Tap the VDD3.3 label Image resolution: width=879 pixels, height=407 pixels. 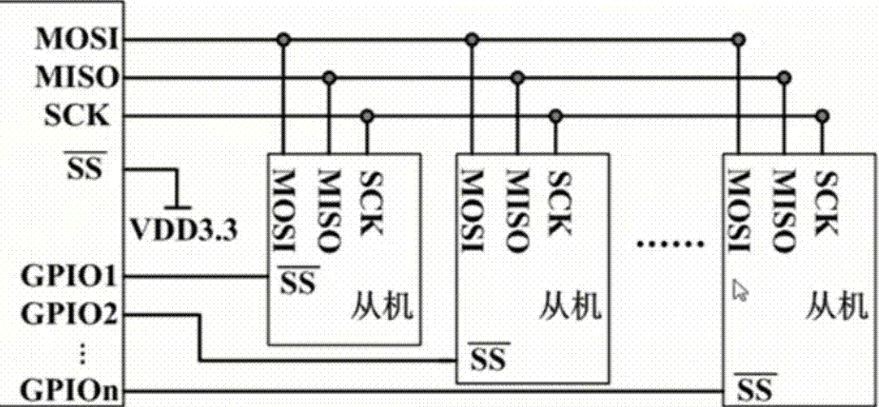point(182,230)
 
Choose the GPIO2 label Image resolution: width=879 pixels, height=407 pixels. point(69,316)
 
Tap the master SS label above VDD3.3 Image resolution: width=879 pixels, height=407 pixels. point(84,168)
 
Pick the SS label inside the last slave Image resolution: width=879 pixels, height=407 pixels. point(755,388)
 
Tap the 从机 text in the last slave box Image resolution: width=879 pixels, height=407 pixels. point(837,306)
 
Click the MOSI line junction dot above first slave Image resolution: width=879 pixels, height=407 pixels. point(284,38)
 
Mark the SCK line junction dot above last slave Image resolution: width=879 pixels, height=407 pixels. point(821,116)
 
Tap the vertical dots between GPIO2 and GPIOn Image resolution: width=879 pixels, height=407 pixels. point(83,353)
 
